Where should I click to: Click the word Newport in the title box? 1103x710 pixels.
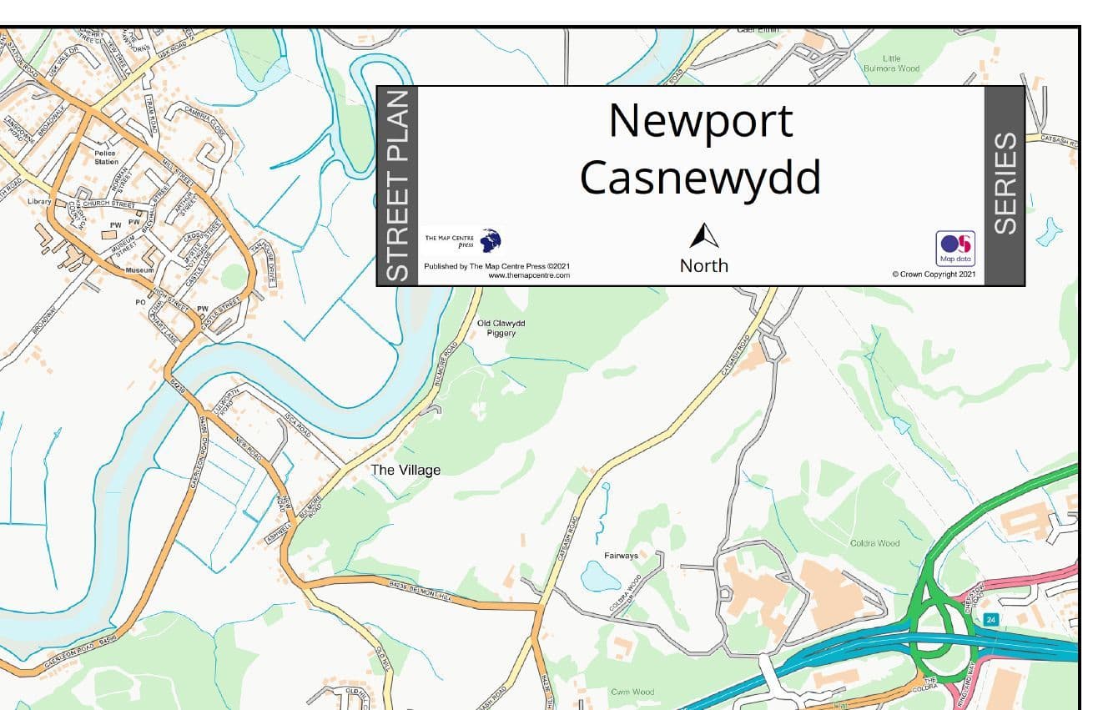pyautogui.click(x=700, y=121)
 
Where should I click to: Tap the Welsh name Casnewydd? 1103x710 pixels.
pyautogui.click(x=700, y=177)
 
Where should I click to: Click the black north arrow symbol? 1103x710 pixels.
pyautogui.click(x=703, y=236)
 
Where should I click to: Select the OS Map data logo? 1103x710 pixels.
pyautogui.click(x=956, y=247)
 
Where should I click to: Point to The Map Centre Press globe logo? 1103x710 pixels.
pyautogui.click(x=491, y=241)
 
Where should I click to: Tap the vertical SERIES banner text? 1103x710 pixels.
pyautogui.click(x=1005, y=184)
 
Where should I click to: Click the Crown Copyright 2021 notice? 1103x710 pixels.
pyautogui.click(x=933, y=274)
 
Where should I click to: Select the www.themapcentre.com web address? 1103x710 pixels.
pyautogui.click(x=529, y=275)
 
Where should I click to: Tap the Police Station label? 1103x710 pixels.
pyautogui.click(x=106, y=158)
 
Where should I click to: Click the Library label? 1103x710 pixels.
pyautogui.click(x=39, y=202)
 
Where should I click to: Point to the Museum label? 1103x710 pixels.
pyautogui.click(x=139, y=271)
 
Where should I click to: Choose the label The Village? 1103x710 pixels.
pyautogui.click(x=405, y=471)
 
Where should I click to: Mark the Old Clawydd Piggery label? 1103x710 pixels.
pyautogui.click(x=501, y=328)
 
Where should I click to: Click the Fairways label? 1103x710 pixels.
pyautogui.click(x=621, y=556)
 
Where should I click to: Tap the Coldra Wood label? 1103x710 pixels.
pyautogui.click(x=874, y=543)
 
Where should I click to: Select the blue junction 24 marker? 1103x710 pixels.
pyautogui.click(x=990, y=619)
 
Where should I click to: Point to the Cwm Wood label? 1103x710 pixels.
pyautogui.click(x=632, y=692)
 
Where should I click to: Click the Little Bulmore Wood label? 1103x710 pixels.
pyautogui.click(x=902, y=63)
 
